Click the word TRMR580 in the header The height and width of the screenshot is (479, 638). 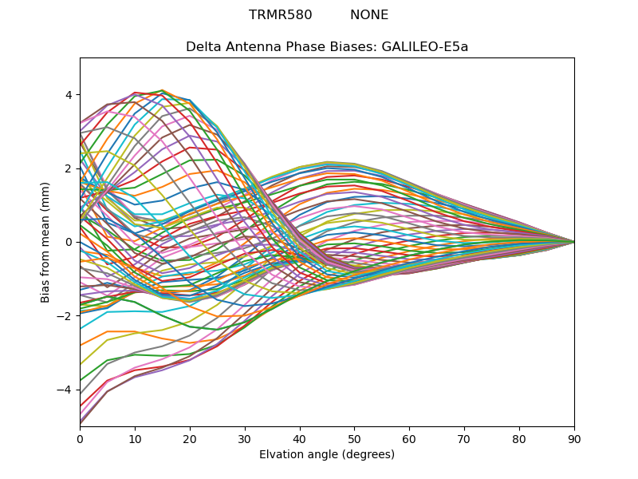(x=280, y=15)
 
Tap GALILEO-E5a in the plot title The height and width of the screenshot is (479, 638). (x=425, y=46)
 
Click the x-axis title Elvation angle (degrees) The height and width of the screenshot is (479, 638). (x=327, y=454)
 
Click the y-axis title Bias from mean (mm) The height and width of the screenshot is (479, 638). (x=46, y=241)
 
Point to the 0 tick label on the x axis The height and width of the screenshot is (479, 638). (x=80, y=437)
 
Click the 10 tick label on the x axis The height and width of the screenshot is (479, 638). (x=135, y=437)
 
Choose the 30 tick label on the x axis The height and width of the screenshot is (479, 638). (x=245, y=437)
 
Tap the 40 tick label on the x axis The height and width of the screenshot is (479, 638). (x=300, y=437)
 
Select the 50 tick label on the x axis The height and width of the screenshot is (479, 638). (x=354, y=437)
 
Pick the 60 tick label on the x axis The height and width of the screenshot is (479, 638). (x=409, y=437)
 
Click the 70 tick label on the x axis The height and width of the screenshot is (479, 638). (x=464, y=437)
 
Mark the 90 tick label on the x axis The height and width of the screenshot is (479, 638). (x=574, y=437)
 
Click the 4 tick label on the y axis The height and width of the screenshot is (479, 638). (x=69, y=94)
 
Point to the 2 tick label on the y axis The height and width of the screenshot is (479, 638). (x=69, y=168)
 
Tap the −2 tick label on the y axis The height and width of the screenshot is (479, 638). (x=65, y=315)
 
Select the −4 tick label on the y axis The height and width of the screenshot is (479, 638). (x=65, y=390)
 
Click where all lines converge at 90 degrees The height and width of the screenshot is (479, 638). (x=573, y=241)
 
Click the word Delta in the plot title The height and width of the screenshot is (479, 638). (x=203, y=46)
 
